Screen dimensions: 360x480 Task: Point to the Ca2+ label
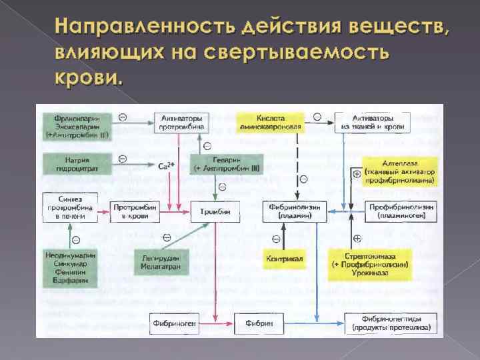point(167,166)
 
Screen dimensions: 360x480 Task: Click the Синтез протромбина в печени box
point(70,207)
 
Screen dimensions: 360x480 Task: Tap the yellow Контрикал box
point(285,258)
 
